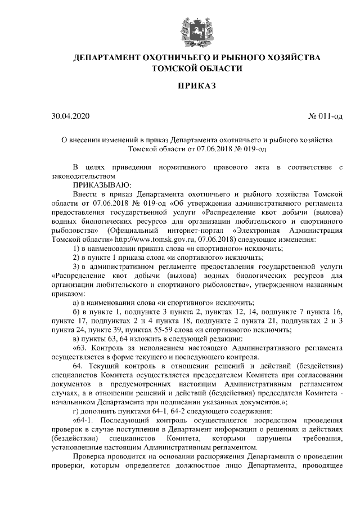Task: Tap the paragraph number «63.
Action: (x=81, y=348)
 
